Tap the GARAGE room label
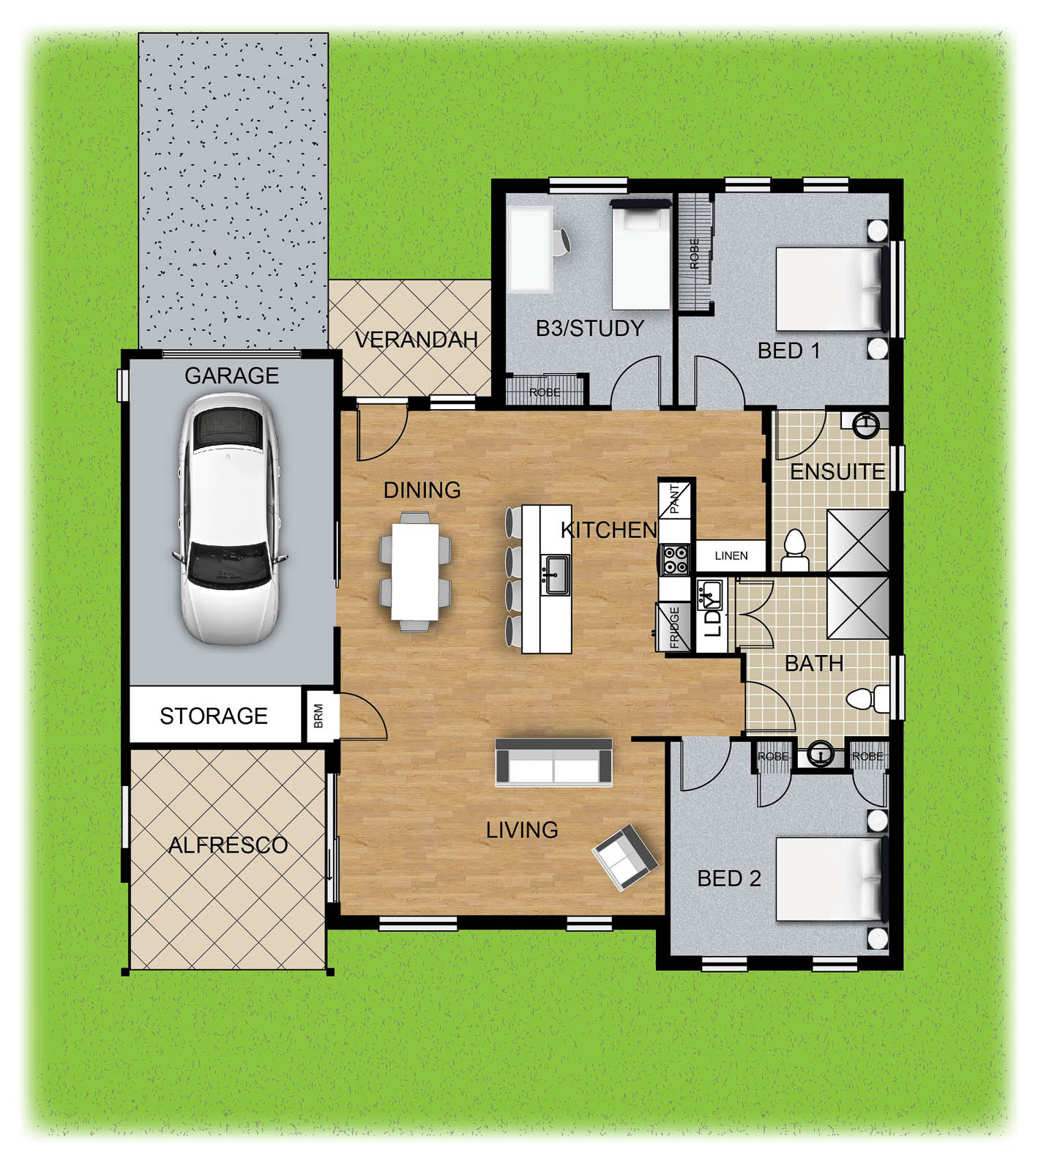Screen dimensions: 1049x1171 pyautogui.click(x=231, y=375)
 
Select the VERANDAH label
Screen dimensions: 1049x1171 pyautogui.click(x=416, y=340)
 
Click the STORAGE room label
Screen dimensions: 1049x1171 pyautogui.click(x=214, y=716)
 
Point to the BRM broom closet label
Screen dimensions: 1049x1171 pyautogui.click(x=318, y=716)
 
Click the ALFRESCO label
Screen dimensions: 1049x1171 pyautogui.click(x=228, y=845)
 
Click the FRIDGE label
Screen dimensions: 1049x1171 pyautogui.click(x=675, y=627)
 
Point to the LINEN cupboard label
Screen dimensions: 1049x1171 pyautogui.click(x=731, y=555)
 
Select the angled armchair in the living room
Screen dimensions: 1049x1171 pyautogui.click(x=624, y=857)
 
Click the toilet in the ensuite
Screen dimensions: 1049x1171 pyautogui.click(x=794, y=550)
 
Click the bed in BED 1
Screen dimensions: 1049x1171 pyautogui.click(x=830, y=289)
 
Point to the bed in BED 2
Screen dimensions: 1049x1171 pyautogui.click(x=830, y=879)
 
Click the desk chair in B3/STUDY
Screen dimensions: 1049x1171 pyautogui.click(x=561, y=242)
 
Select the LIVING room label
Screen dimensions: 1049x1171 pyautogui.click(x=522, y=830)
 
